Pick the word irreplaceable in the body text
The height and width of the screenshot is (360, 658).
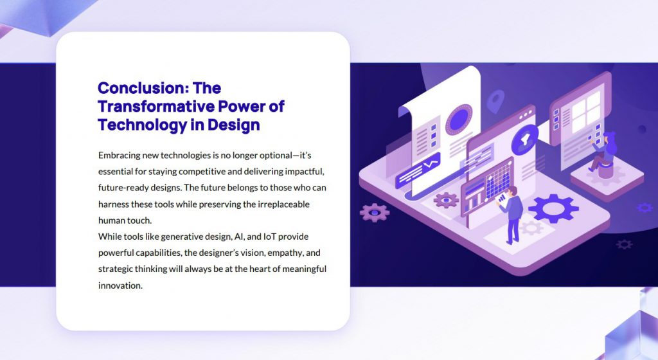pyautogui.click(x=283, y=204)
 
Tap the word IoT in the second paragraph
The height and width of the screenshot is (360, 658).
pyautogui.click(x=270, y=237)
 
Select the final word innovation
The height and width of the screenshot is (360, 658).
pyautogui.click(x=120, y=285)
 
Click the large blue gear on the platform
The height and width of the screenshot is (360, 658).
pyautogui.click(x=553, y=208)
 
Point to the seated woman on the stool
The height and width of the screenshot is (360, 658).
pyautogui.click(x=603, y=153)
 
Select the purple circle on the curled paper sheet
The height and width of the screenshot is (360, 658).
pyautogui.click(x=459, y=120)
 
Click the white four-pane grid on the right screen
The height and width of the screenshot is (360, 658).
pyautogui.click(x=586, y=112)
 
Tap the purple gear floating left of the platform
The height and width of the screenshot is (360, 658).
pyautogui.click(x=375, y=212)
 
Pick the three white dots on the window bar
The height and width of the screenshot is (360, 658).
pyautogui.click(x=526, y=114)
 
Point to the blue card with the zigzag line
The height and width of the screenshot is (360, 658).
pyautogui.click(x=418, y=171)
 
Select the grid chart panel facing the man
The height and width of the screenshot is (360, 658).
pyautogui.click(x=499, y=180)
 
